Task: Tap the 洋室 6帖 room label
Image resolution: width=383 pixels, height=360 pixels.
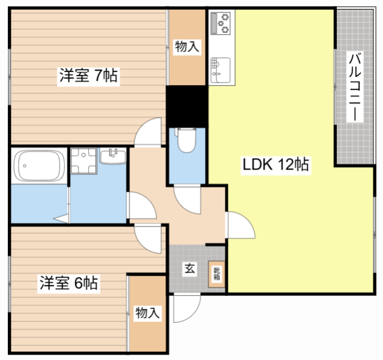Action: (x=70, y=282)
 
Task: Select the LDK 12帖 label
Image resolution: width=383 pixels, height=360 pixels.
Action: (x=275, y=165)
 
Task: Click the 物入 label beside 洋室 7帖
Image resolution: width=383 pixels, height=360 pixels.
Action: (x=186, y=46)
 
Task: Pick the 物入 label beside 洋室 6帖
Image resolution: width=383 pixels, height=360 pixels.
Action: (x=147, y=312)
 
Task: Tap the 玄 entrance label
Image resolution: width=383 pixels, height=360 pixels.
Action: (x=189, y=269)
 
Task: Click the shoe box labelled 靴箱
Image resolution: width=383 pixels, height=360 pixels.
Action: (x=216, y=275)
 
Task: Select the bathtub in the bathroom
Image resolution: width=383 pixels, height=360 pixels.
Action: (x=40, y=166)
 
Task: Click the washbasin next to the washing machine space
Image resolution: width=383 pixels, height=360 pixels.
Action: (x=113, y=158)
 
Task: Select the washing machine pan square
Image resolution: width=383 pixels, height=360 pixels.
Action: (x=83, y=161)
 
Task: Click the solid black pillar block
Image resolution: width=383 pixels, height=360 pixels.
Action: (x=186, y=104)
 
